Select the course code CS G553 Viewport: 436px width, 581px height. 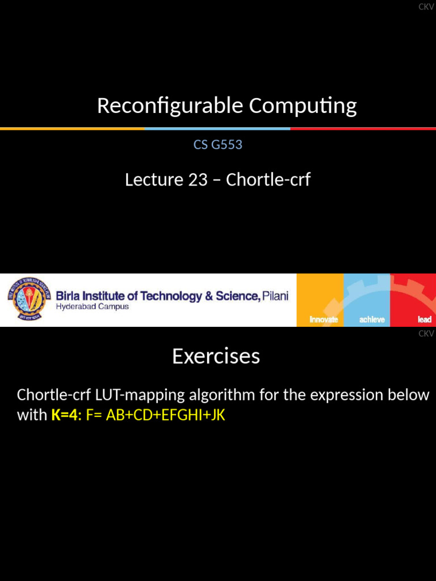(x=218, y=145)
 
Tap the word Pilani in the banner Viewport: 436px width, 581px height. (x=275, y=296)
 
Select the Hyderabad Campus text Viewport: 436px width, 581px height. (x=92, y=307)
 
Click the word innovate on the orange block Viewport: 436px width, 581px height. (x=324, y=319)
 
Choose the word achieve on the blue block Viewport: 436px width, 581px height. (x=372, y=319)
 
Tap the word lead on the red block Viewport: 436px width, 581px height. (x=425, y=319)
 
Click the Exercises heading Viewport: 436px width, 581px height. (x=216, y=356)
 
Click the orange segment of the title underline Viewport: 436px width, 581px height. (x=72, y=129)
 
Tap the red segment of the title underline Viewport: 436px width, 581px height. (x=363, y=129)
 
